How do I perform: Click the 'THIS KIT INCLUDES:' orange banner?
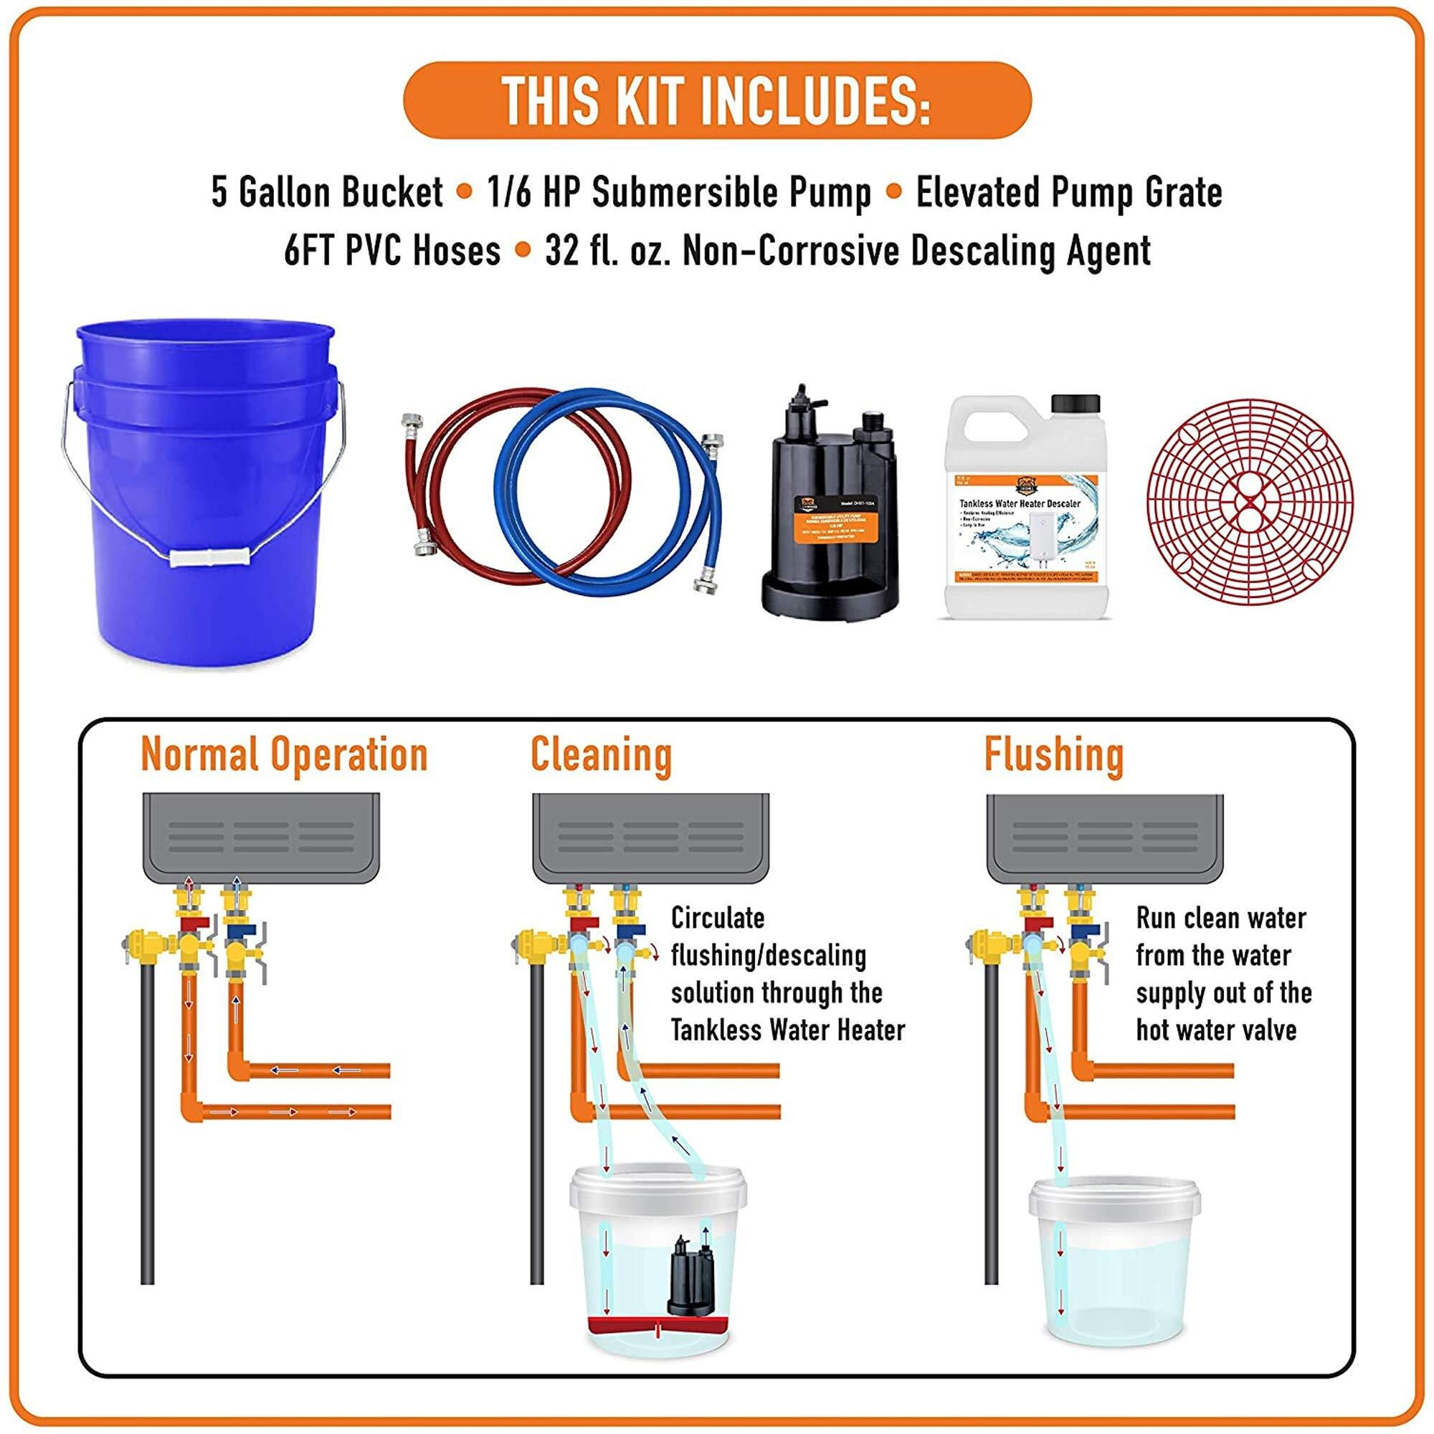717,100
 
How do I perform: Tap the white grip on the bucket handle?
207,557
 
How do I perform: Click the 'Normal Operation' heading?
284,754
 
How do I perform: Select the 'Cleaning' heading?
602,754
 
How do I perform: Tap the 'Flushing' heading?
1054,754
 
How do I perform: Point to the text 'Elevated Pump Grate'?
1069,193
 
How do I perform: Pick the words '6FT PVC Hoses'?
393,251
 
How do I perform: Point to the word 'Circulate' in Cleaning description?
717,918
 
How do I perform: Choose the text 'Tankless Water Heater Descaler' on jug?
1020,503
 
